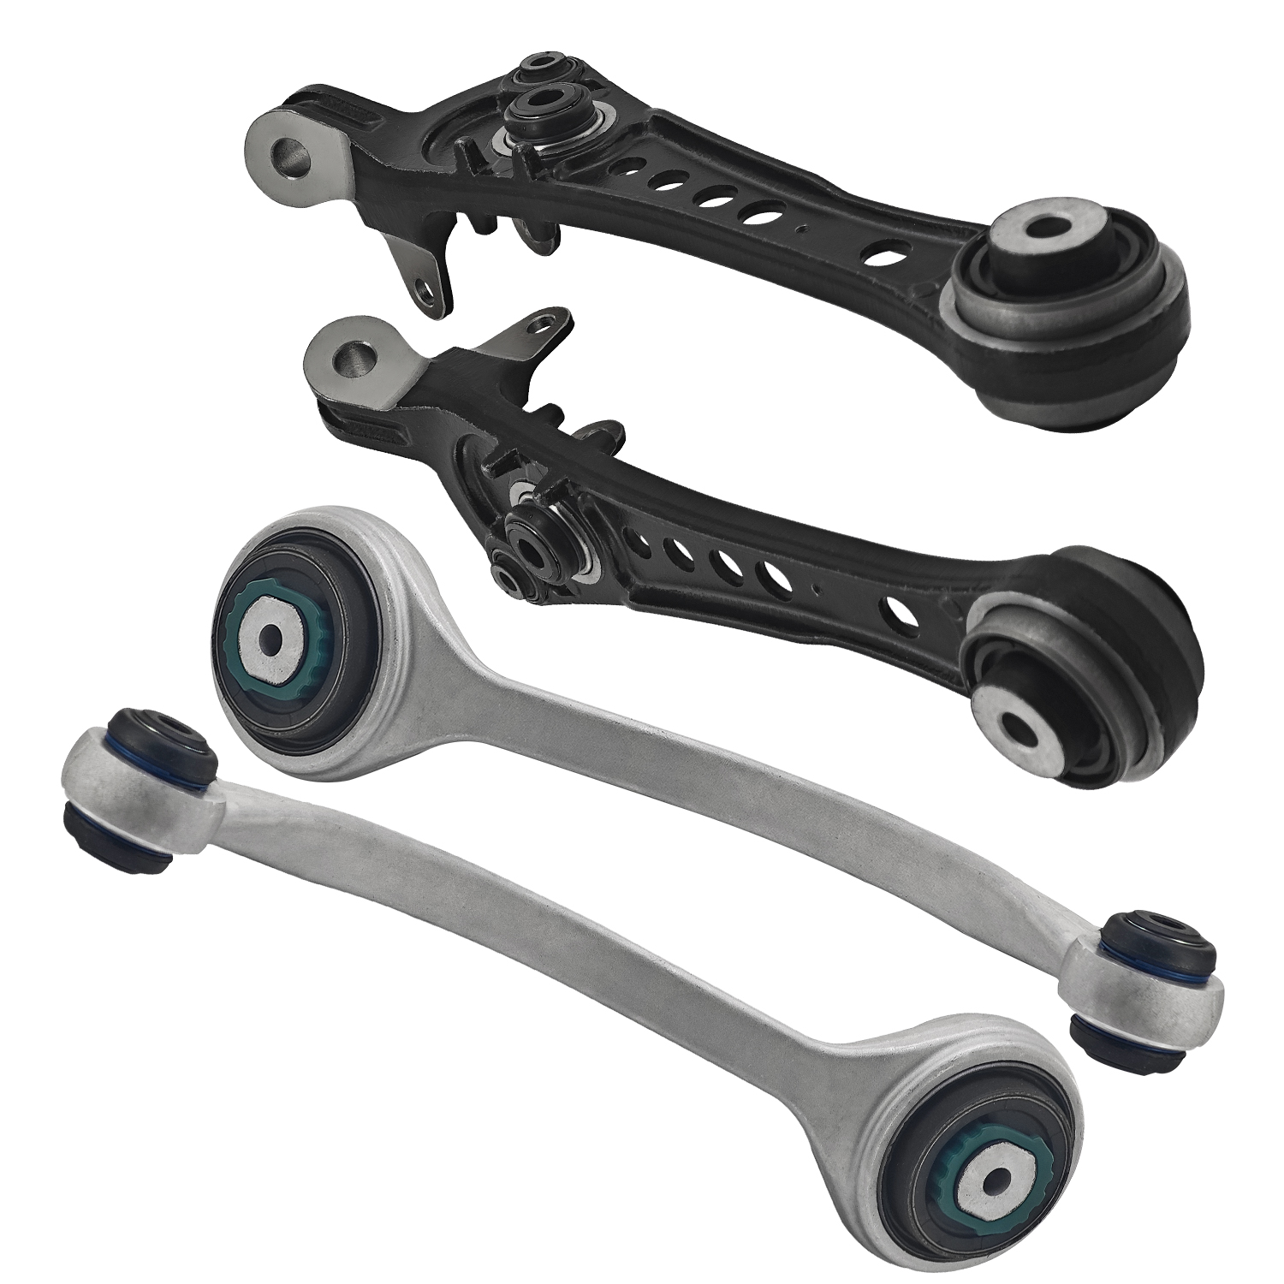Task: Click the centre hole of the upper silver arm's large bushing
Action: (272, 638)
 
